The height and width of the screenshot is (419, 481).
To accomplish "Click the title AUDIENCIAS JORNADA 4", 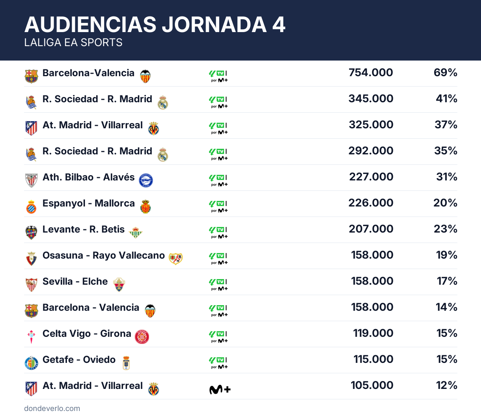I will (x=155, y=24).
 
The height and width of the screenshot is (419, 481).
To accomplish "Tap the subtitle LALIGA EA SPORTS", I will (x=73, y=43).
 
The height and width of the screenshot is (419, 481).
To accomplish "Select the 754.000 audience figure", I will (x=371, y=73).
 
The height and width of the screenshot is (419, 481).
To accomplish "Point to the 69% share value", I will (x=445, y=73).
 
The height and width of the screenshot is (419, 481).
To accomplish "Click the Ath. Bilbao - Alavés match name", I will (x=89, y=177).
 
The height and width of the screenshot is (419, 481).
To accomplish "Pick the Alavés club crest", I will (x=146, y=180).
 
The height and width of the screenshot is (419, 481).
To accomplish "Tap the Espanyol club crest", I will (x=31, y=207).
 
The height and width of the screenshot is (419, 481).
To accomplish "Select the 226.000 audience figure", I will (x=371, y=203).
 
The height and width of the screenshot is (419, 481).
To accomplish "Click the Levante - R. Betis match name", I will (x=83, y=229).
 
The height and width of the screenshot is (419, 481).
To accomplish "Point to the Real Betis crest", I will (x=136, y=233).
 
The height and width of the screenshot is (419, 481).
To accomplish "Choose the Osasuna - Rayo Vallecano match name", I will (x=103, y=255).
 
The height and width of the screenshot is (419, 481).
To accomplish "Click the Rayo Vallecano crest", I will (x=176, y=259).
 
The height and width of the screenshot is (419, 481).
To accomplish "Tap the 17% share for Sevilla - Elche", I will (x=447, y=281).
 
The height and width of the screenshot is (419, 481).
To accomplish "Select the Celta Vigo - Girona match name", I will (x=87, y=334).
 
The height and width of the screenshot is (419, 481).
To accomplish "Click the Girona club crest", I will (x=142, y=337).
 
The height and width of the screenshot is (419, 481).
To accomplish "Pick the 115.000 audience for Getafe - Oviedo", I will (x=373, y=359).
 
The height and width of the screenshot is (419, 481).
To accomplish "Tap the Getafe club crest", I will (x=31, y=363).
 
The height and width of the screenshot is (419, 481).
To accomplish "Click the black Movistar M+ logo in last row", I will (x=220, y=389).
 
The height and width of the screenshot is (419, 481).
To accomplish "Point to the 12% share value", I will (x=447, y=385).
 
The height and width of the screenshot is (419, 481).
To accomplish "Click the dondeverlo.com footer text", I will (x=52, y=409).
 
